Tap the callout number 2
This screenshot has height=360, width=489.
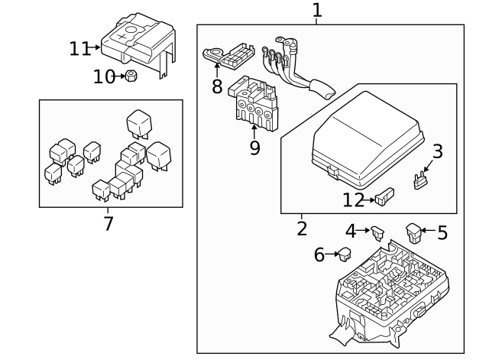click(302, 228)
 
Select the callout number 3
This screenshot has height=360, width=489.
click(437, 151)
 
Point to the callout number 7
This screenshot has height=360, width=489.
click(108, 224)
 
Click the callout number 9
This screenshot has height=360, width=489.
click(254, 147)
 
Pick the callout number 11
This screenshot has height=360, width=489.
click(79, 49)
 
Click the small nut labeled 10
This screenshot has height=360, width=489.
click(131, 76)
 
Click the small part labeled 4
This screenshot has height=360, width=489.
click(378, 229)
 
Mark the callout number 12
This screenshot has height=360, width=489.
click(354, 200)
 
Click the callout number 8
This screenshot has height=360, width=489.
click(217, 86)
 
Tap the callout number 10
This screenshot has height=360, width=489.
click(104, 76)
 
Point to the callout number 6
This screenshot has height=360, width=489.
click(319, 255)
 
